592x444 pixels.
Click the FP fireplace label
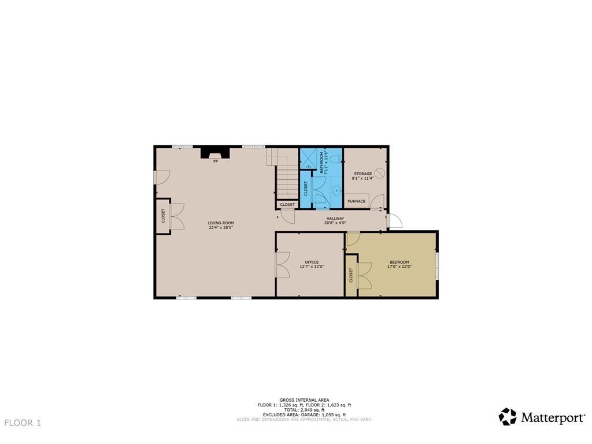(x=216, y=161)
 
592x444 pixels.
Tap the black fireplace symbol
(x=215, y=152)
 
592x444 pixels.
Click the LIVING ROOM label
(x=221, y=223)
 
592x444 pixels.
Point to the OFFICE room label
(x=312, y=262)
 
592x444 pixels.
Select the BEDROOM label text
(x=399, y=262)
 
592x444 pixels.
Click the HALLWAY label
(x=335, y=219)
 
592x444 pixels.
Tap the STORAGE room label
(x=363, y=173)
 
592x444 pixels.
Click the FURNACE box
(x=357, y=201)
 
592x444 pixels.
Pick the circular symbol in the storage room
(x=380, y=173)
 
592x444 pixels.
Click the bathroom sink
(x=336, y=189)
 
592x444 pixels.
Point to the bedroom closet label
(x=351, y=276)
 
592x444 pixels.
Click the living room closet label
(x=162, y=216)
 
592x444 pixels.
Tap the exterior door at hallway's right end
(x=395, y=221)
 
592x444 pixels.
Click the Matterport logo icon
(x=508, y=417)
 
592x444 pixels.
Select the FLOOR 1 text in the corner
(x=23, y=423)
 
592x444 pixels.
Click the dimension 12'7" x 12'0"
(x=312, y=267)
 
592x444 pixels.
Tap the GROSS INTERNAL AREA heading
(x=304, y=400)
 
